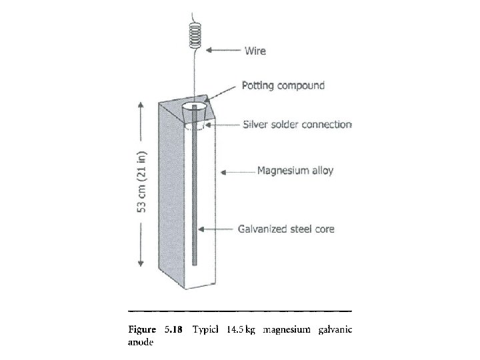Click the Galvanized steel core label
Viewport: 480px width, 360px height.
click(287, 229)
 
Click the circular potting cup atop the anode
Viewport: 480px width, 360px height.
click(194, 107)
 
